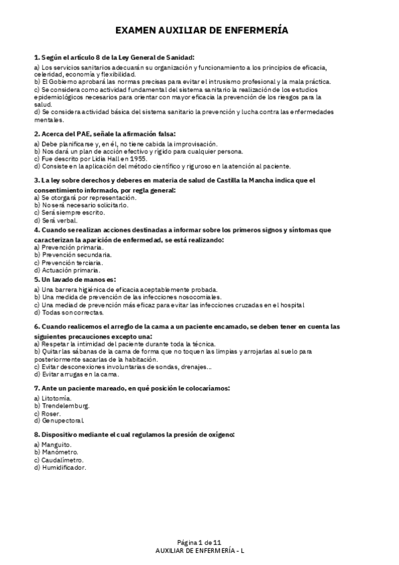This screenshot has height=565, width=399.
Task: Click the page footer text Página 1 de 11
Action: [199, 543]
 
